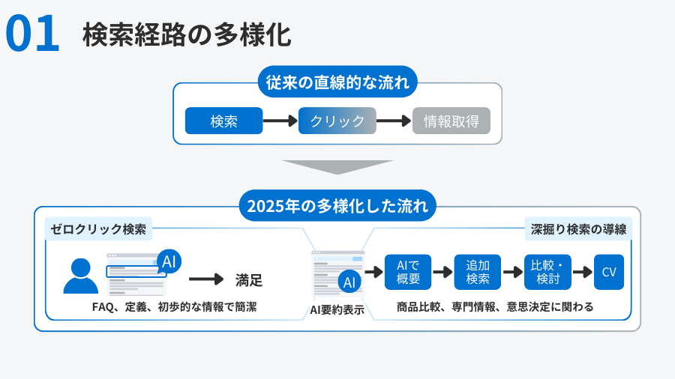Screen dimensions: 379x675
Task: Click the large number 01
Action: pos(32,34)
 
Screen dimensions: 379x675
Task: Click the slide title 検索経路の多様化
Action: pos(186,34)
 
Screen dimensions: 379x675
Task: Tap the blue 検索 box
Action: pos(223,121)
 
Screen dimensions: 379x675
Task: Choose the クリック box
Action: pos(337,121)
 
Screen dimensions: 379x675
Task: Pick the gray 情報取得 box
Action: pos(451,121)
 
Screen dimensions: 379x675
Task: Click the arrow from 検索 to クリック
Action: pos(280,121)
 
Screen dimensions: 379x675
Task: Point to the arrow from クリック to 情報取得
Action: pos(394,121)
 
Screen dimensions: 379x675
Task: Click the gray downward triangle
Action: pos(337,166)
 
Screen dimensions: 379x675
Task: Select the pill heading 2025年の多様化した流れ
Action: pos(337,205)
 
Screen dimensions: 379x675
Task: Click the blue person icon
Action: pos(80,276)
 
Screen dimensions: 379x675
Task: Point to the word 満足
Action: pos(249,281)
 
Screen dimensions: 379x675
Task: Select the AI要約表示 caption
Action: pos(337,309)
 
